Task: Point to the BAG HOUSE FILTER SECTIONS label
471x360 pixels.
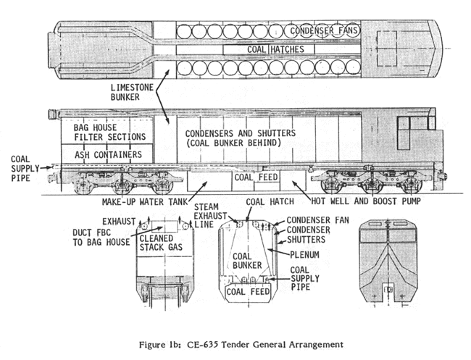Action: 109,131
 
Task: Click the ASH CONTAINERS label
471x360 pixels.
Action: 107,154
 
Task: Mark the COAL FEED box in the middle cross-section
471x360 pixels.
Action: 248,291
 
